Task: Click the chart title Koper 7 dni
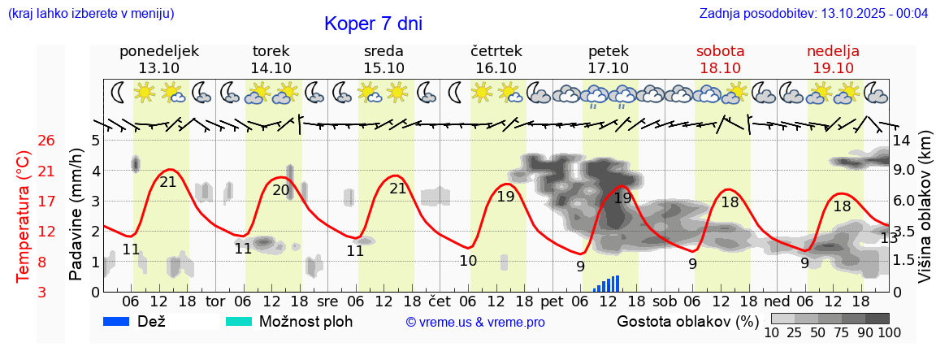click(x=373, y=24)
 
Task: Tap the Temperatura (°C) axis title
click(x=24, y=217)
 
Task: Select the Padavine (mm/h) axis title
click(x=76, y=215)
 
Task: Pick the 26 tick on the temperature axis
click(x=47, y=141)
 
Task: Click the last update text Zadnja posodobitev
click(x=813, y=14)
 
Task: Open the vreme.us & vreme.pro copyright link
click(x=475, y=323)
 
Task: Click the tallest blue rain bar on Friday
click(x=617, y=283)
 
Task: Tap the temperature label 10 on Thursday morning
click(x=468, y=261)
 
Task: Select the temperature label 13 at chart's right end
click(x=889, y=238)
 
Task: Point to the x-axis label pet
click(x=552, y=301)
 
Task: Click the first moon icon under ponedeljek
click(x=119, y=92)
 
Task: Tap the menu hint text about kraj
click(x=90, y=14)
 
